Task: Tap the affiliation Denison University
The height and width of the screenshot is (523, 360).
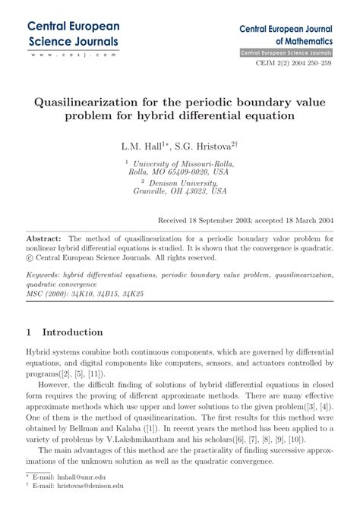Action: pos(186,183)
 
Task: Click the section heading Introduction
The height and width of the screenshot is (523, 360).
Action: pos(72,332)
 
